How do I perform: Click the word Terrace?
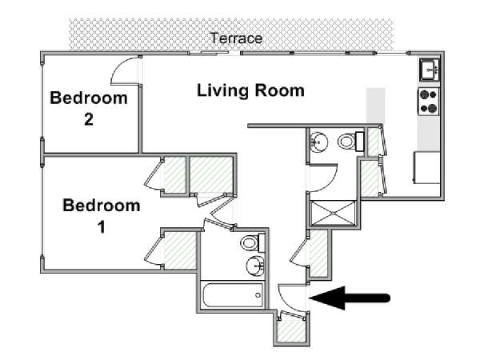coord(236,38)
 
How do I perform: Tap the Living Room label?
coord(250,90)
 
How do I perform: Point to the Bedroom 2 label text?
coord(89,109)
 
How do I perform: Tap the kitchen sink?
coord(428,70)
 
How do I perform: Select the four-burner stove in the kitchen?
coord(428,101)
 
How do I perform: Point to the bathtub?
coord(234,295)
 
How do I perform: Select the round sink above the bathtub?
coord(254,266)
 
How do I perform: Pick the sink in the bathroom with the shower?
coord(319,142)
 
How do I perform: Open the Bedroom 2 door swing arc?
coord(123,72)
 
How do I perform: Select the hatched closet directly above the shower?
coord(369,178)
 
